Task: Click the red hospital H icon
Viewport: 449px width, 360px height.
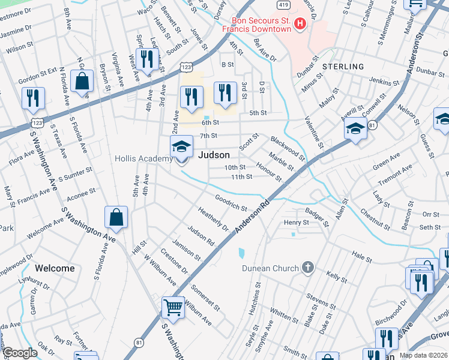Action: click(301, 23)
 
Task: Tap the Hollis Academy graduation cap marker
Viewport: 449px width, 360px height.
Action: click(181, 146)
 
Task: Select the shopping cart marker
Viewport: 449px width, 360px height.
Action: click(173, 307)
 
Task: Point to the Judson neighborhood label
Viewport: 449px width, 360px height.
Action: click(214, 155)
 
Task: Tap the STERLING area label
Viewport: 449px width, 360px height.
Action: click(343, 67)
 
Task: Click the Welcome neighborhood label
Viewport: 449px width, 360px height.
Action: click(55, 268)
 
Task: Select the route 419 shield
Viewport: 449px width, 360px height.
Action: click(285, 4)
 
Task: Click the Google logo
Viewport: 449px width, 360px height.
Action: click(20, 353)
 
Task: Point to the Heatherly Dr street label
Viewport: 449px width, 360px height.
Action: click(214, 218)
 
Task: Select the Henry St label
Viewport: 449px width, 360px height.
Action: click(296, 223)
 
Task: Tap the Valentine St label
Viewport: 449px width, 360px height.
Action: click(313, 133)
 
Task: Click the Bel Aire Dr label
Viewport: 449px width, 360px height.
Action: click(265, 50)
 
